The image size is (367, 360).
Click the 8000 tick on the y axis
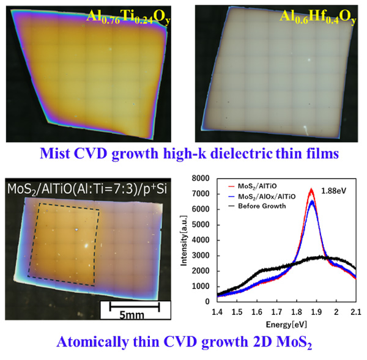click(x=204, y=178)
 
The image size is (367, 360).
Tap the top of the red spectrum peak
click(x=311, y=189)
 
